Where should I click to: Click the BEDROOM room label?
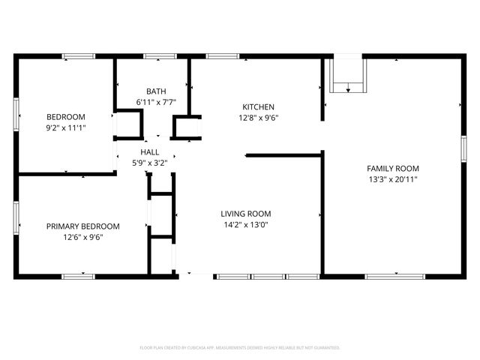pos(66,116)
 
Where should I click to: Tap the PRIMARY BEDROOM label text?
pos(82,226)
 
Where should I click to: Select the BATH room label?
pos(156,91)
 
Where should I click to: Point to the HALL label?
pos(149,152)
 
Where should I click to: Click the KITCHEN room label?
pos(257,106)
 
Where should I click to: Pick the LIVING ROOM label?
pos(245,213)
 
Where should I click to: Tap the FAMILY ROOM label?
pos(392,168)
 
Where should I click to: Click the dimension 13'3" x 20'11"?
pos(392,179)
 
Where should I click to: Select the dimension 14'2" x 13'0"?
pos(245,224)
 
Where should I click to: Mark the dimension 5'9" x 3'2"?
pos(149,163)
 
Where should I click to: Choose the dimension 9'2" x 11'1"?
pos(66,127)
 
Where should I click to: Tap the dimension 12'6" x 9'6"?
pos(82,237)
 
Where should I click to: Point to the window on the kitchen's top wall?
pos(223,56)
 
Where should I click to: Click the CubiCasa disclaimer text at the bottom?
pos(240,348)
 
